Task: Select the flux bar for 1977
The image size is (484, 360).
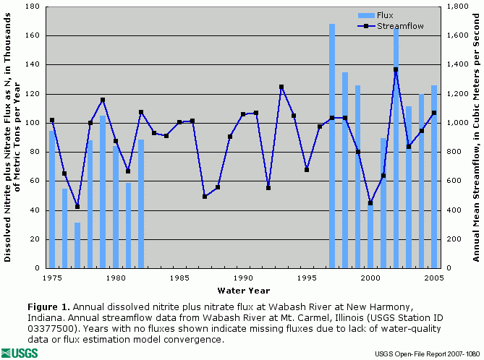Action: pyautogui.click(x=77, y=245)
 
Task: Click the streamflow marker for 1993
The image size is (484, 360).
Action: pyautogui.click(x=281, y=87)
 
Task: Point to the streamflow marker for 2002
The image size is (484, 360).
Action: pyautogui.click(x=396, y=69)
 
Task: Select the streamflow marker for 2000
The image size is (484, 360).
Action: pyautogui.click(x=370, y=203)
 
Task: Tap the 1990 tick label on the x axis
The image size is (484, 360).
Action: pyautogui.click(x=243, y=277)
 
